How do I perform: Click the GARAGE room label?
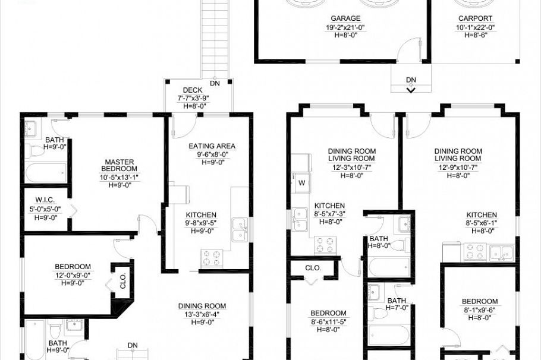(x=345, y=19)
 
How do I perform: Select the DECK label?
(x=193, y=90)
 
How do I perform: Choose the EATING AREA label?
(x=212, y=146)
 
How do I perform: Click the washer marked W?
(x=301, y=182)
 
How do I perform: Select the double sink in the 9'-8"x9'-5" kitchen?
(x=240, y=230)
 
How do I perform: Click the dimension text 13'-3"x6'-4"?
(x=202, y=314)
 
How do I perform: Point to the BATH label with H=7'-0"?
(x=397, y=301)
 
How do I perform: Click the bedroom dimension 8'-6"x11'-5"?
(x=329, y=321)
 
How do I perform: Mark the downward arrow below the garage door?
(x=411, y=90)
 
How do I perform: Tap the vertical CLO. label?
(x=123, y=282)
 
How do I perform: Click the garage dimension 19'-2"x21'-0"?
(x=345, y=27)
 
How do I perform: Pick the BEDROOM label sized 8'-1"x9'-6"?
(x=480, y=301)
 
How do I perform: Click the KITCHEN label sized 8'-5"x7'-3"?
(x=329, y=206)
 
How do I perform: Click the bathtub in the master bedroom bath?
(x=46, y=173)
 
